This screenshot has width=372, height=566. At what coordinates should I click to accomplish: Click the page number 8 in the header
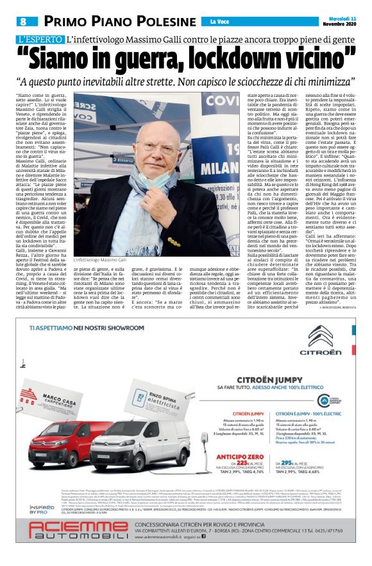point(22,21)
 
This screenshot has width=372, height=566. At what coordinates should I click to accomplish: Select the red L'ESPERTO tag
point(40,40)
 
